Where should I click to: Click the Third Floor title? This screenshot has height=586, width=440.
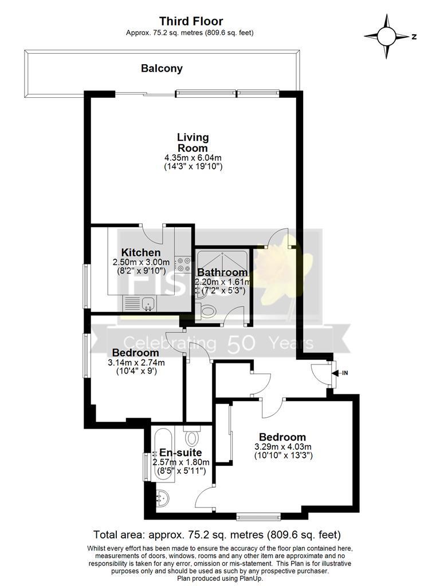[x=191, y=21]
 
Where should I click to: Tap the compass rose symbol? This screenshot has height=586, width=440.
[x=387, y=37]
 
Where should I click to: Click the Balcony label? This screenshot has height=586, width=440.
[x=162, y=69]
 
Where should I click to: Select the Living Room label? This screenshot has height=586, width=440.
[x=192, y=142]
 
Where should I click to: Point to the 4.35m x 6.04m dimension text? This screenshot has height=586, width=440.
[x=192, y=157]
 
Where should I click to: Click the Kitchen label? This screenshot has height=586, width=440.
[x=140, y=252]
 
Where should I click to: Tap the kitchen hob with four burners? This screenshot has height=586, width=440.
[x=183, y=264]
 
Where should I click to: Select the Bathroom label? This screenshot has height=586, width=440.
[x=222, y=272]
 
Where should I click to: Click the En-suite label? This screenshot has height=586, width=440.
[x=180, y=453]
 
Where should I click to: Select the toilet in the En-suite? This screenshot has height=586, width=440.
[x=192, y=437]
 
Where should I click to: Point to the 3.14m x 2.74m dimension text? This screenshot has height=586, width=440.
[x=136, y=362]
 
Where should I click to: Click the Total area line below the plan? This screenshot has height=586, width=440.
[x=220, y=536]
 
